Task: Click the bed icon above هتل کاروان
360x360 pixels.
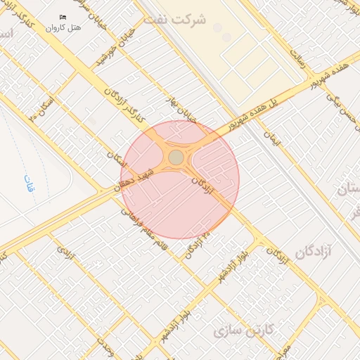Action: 63,17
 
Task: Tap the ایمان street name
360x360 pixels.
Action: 272,136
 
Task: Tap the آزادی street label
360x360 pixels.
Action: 65,250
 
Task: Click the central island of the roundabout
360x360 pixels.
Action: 176,157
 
